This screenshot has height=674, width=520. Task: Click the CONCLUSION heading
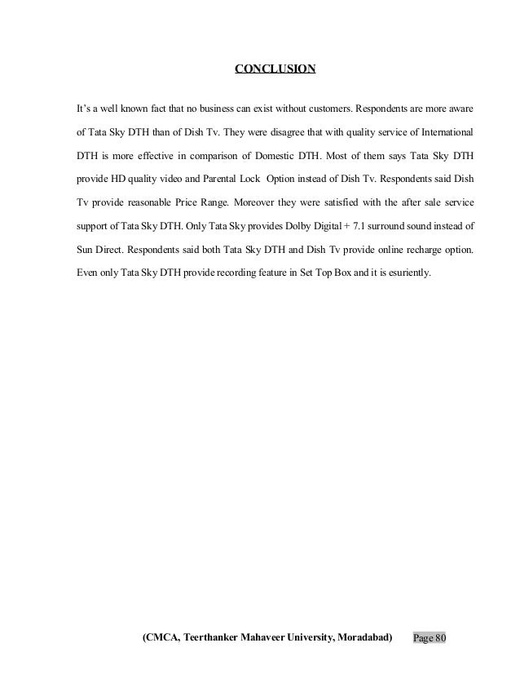pyautogui.click(x=275, y=69)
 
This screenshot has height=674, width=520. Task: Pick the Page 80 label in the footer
pyautogui.click(x=430, y=636)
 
